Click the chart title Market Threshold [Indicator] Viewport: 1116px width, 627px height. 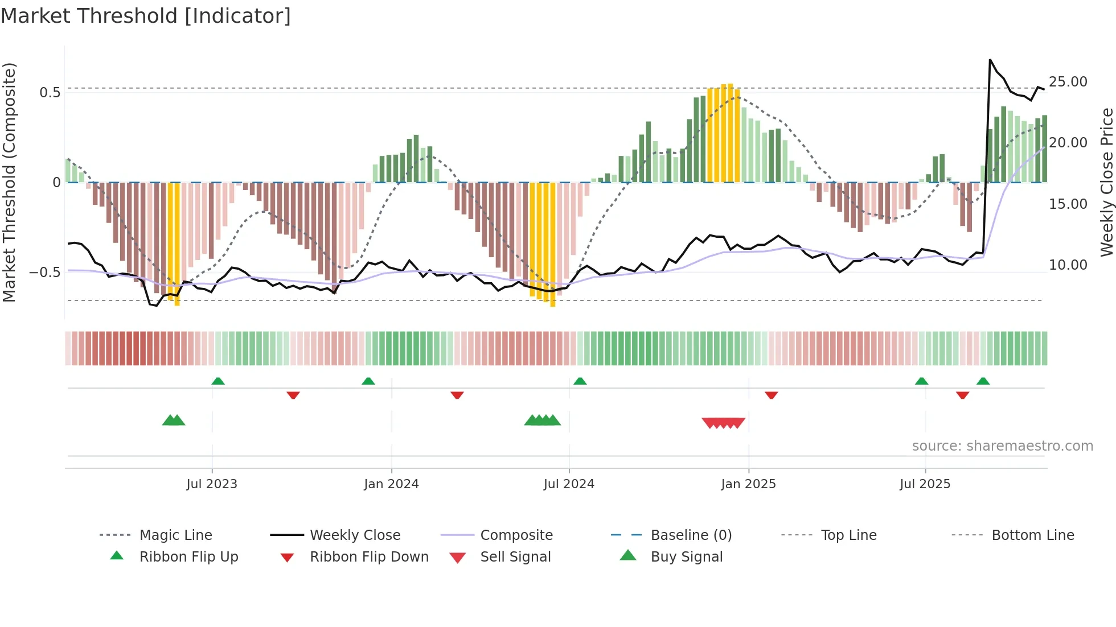pos(146,16)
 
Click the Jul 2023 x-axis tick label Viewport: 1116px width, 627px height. pos(212,484)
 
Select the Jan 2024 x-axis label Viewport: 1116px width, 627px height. pos(391,484)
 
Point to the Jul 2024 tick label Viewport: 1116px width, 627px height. pos(569,484)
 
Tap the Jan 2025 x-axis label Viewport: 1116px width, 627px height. pos(748,484)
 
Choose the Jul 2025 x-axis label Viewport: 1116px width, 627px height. pos(925,484)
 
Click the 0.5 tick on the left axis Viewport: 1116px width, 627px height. pos(50,93)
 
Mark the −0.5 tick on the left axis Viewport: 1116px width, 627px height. pos(45,273)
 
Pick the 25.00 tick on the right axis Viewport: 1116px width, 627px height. pos(1068,82)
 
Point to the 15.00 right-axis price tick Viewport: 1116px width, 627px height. pos(1068,204)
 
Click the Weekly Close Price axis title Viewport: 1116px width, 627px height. pos(1106,182)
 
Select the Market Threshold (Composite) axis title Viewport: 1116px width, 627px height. pos(9,182)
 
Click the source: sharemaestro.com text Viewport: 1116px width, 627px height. pos(1002,446)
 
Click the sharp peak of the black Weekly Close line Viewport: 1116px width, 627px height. pos(990,60)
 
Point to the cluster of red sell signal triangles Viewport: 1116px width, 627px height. pos(724,423)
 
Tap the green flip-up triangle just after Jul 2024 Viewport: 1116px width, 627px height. pos(580,381)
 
